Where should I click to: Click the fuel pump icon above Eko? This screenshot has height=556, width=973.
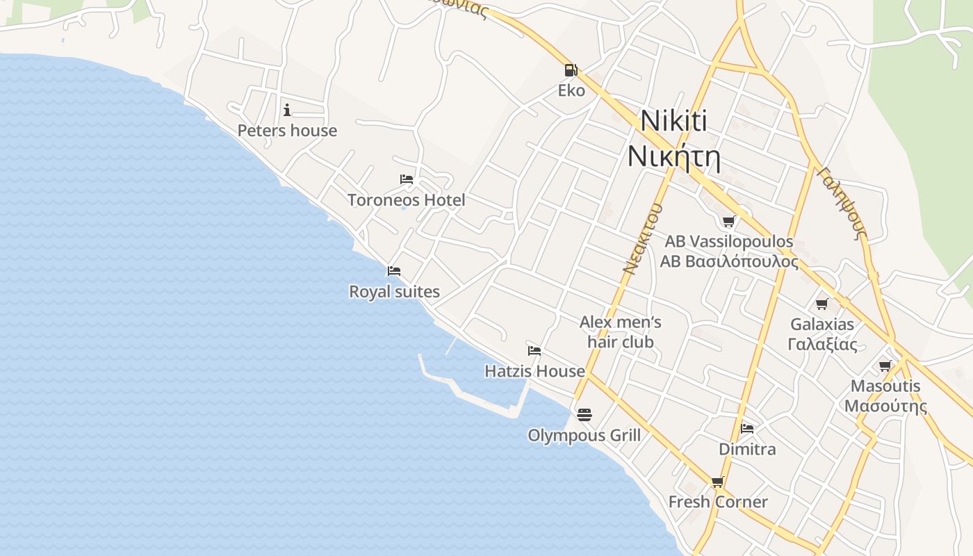pos(570,69)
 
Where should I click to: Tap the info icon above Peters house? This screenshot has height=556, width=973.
pos(287,110)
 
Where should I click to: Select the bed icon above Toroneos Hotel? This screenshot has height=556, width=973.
pos(407,179)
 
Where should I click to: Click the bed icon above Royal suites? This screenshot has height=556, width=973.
pos(394,270)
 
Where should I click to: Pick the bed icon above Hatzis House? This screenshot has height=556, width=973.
pos(534,350)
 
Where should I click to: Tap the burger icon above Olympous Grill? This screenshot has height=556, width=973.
pos(584,415)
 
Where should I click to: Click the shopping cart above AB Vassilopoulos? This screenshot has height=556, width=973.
pos(728,221)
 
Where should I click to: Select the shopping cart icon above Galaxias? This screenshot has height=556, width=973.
pos(822,304)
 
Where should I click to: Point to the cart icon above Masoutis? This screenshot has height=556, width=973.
pos(885,366)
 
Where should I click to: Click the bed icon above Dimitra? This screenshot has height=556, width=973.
pos(747,428)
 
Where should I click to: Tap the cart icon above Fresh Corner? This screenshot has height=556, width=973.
pos(718,482)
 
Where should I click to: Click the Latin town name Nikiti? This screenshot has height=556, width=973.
pos(673,121)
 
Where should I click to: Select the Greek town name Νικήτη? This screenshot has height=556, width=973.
pos(673,157)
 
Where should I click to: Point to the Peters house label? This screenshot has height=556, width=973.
pos(287,131)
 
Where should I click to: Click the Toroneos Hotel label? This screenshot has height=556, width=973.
pos(407,200)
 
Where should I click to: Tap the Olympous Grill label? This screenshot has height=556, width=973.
pos(584,436)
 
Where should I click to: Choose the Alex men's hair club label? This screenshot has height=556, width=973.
pos(621,332)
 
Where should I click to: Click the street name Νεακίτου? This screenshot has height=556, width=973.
pos(640,238)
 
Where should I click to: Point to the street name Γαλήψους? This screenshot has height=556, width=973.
pos(842,202)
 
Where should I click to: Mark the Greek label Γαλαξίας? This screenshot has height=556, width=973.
pos(822,344)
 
